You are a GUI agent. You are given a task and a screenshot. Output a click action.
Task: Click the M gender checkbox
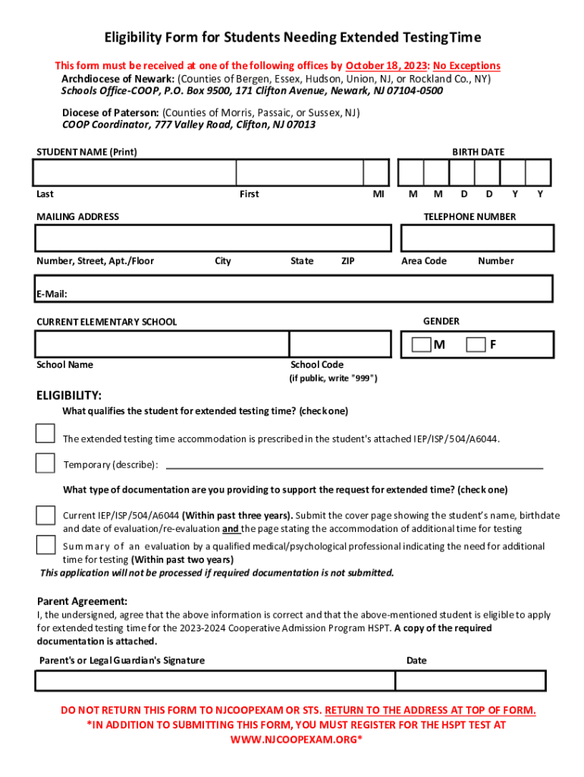click(421, 345)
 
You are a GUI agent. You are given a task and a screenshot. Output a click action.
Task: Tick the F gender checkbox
click(476, 345)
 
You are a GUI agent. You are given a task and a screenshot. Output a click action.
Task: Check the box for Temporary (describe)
click(46, 463)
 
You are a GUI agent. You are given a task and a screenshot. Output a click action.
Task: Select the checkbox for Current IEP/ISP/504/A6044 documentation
click(46, 514)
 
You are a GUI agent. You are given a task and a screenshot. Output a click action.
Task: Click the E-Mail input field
click(303, 289)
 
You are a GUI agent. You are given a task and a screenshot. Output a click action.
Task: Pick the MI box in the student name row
click(375, 173)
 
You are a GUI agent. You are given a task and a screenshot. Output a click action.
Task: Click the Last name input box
click(133, 173)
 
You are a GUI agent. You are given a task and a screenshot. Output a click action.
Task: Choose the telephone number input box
click(476, 238)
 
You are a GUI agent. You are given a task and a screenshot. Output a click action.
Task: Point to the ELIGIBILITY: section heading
click(69, 395)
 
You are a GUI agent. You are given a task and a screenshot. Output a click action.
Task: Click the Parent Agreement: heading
click(83, 601)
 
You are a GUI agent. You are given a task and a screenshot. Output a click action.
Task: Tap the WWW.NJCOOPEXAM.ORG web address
click(293, 739)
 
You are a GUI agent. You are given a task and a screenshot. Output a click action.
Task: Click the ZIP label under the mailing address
click(348, 261)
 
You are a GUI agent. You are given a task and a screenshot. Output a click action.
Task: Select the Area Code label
click(424, 261)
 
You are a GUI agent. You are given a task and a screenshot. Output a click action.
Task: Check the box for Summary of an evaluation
click(46, 545)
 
